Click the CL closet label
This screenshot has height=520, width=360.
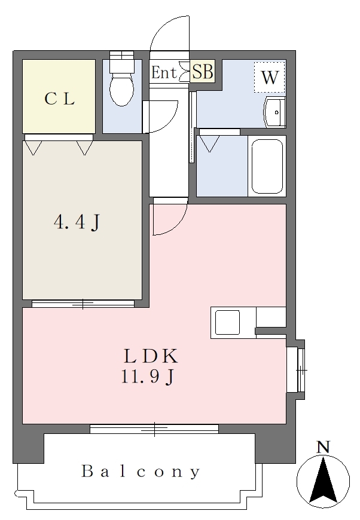click(59, 99)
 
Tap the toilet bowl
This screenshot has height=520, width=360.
click(122, 88)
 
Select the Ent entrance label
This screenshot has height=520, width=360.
click(164, 72)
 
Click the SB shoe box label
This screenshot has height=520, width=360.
click(203, 71)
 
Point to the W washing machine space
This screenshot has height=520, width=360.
click(270, 77)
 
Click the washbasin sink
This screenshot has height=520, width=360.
click(274, 112)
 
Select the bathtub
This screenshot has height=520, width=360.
click(267, 166)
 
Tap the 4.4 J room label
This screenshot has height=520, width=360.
click(77, 222)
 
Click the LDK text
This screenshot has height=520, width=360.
click(151, 356)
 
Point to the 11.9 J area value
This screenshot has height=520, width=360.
click(148, 377)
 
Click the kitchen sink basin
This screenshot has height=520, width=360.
click(227, 322)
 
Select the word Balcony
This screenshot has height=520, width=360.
click(141, 472)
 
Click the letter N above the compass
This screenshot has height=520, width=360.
click(323, 447)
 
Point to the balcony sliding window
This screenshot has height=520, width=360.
click(154, 429)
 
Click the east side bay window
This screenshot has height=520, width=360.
click(301, 369)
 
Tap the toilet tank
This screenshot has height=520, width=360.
click(121, 60)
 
